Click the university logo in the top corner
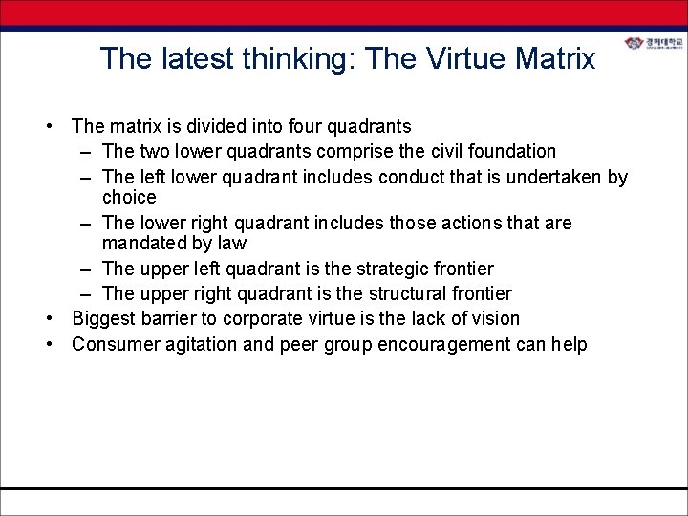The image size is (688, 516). (654, 45)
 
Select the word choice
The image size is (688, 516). (128, 198)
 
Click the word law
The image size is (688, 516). (231, 244)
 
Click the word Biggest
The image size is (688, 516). (104, 318)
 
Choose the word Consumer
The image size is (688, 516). (114, 344)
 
